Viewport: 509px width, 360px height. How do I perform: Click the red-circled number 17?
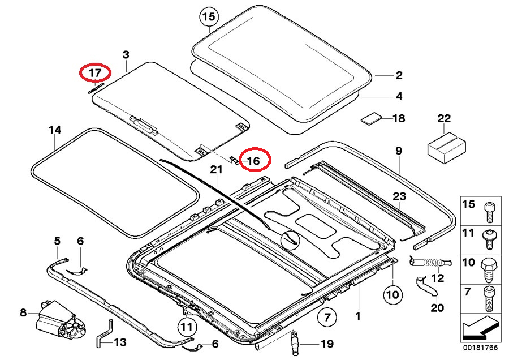point(94,73)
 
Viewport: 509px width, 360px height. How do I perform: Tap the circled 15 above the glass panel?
point(209,18)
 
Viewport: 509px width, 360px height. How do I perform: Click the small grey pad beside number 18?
point(371,118)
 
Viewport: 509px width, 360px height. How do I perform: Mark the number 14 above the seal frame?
point(54,131)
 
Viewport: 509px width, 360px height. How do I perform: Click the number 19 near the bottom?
point(327,344)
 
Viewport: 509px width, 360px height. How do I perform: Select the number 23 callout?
point(400,196)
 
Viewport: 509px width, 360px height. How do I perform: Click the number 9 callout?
point(398,151)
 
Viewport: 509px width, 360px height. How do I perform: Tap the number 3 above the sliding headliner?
point(126,54)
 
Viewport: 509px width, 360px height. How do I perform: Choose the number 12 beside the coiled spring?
point(438,278)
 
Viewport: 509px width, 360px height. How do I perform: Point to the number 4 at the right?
point(399,97)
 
